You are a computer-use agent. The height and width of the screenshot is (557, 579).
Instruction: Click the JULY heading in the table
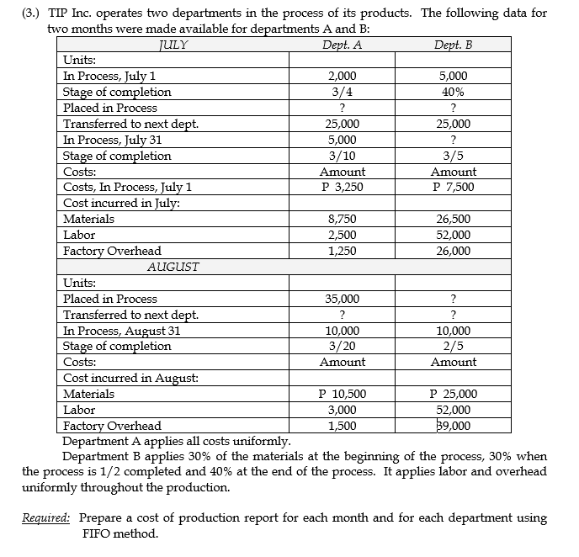(173, 45)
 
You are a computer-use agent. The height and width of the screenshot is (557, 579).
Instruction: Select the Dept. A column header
(343, 45)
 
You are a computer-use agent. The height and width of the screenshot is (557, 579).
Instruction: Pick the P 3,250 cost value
(343, 187)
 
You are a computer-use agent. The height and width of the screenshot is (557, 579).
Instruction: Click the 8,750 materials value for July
(343, 219)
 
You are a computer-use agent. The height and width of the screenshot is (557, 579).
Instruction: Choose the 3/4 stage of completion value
(343, 92)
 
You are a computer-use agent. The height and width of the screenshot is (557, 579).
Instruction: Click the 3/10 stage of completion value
(343, 156)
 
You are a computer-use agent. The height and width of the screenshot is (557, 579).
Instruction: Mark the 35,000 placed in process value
(343, 299)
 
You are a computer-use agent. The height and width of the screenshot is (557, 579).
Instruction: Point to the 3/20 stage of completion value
(343, 346)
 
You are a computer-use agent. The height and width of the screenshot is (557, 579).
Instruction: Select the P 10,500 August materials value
(343, 394)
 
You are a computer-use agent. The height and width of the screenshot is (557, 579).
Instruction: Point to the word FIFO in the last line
(98, 533)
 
